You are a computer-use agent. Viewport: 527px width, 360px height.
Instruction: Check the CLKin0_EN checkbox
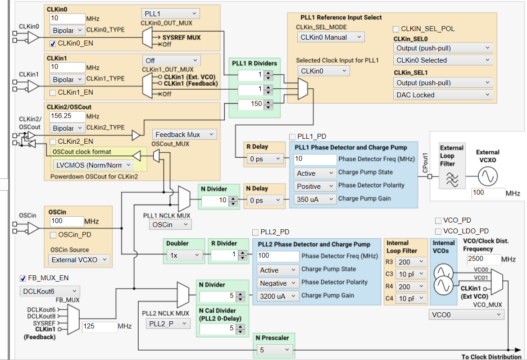point(52,43)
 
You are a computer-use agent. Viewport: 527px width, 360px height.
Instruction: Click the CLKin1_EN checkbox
point(52,92)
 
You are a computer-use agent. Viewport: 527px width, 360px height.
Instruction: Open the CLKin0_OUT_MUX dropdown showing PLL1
point(170,14)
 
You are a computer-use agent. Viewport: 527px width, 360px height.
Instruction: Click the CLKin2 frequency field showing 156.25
point(67,116)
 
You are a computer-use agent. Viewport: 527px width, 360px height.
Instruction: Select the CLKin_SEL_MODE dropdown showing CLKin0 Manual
point(331,37)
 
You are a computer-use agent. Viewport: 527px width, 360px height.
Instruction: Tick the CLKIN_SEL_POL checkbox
point(396,29)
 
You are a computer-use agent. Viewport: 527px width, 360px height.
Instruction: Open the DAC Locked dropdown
point(443,95)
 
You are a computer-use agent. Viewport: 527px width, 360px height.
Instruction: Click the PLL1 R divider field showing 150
point(251,104)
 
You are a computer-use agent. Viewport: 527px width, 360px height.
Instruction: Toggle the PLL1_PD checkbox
point(292,137)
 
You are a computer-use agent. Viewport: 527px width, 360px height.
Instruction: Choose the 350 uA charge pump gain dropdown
point(315,199)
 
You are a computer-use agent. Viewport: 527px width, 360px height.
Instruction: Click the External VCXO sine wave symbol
point(488,177)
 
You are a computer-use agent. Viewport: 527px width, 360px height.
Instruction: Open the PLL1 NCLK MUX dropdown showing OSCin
point(170,225)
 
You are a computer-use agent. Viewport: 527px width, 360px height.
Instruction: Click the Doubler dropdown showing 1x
point(185,255)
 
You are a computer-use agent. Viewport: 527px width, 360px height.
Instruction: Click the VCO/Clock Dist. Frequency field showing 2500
point(483,259)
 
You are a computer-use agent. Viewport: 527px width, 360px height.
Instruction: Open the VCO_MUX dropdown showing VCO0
point(466,315)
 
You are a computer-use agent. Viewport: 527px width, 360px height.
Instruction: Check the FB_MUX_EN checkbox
point(23,278)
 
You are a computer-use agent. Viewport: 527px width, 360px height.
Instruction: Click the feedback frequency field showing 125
point(100,327)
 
